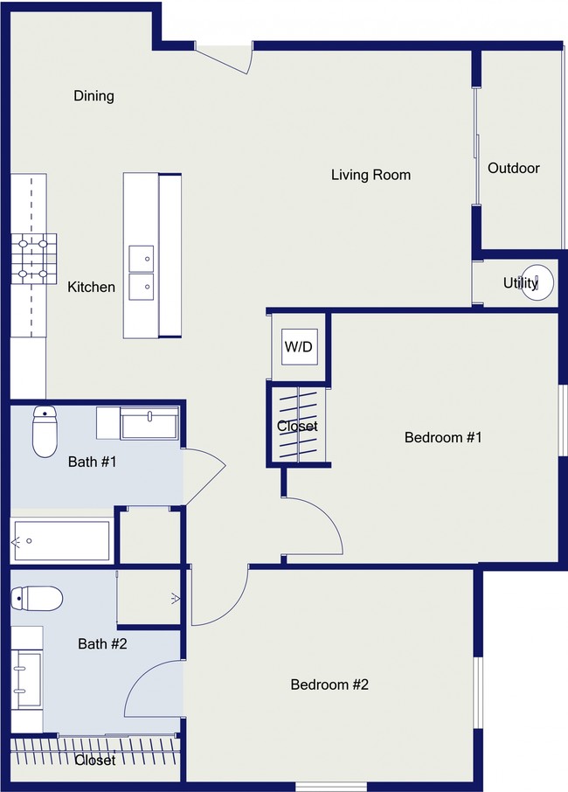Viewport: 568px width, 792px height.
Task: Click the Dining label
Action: tap(94, 96)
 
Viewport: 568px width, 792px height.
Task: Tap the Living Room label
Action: tap(371, 175)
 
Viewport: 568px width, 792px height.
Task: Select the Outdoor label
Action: tap(514, 168)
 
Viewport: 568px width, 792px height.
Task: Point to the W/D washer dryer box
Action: tap(300, 346)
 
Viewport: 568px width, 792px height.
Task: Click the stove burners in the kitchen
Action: tap(33, 259)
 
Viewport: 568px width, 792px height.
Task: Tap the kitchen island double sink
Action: tap(141, 273)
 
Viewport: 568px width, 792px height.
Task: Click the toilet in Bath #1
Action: tap(45, 431)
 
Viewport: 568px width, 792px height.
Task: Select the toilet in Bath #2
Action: tap(37, 599)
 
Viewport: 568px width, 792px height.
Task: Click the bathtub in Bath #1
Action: tap(61, 541)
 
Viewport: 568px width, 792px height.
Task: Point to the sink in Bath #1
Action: tap(149, 423)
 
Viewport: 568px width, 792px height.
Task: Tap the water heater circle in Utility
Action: tap(537, 282)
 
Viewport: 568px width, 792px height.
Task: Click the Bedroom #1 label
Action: tap(443, 437)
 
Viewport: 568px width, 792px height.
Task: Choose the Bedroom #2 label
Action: tap(329, 684)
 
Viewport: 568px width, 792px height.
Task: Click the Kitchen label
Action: tap(92, 287)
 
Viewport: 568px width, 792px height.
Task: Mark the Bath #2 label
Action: tap(102, 643)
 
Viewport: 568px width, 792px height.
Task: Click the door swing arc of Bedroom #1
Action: tap(329, 513)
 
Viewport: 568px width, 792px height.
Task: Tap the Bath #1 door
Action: tap(204, 476)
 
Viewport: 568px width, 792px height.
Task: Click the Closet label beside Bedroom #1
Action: tap(297, 427)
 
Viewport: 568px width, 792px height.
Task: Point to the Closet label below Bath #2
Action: tap(95, 761)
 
